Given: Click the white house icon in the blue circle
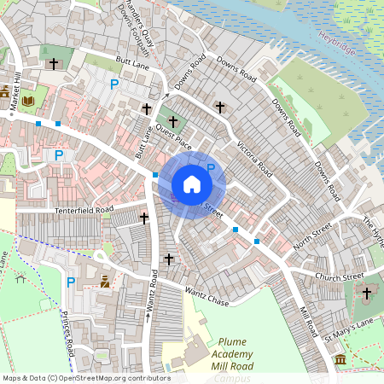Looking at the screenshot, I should tap(192, 184).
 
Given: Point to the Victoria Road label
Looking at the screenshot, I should tap(255, 157).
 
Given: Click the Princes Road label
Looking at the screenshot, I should tap(67, 334).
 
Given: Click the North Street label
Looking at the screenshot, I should tap(312, 233).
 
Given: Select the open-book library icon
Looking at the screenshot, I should tap(28, 101).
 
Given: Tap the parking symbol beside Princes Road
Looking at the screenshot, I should tap(71, 282).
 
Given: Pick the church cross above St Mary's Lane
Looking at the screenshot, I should tap(367, 294).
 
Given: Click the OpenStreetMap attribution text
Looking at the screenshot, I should tap(86, 378).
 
